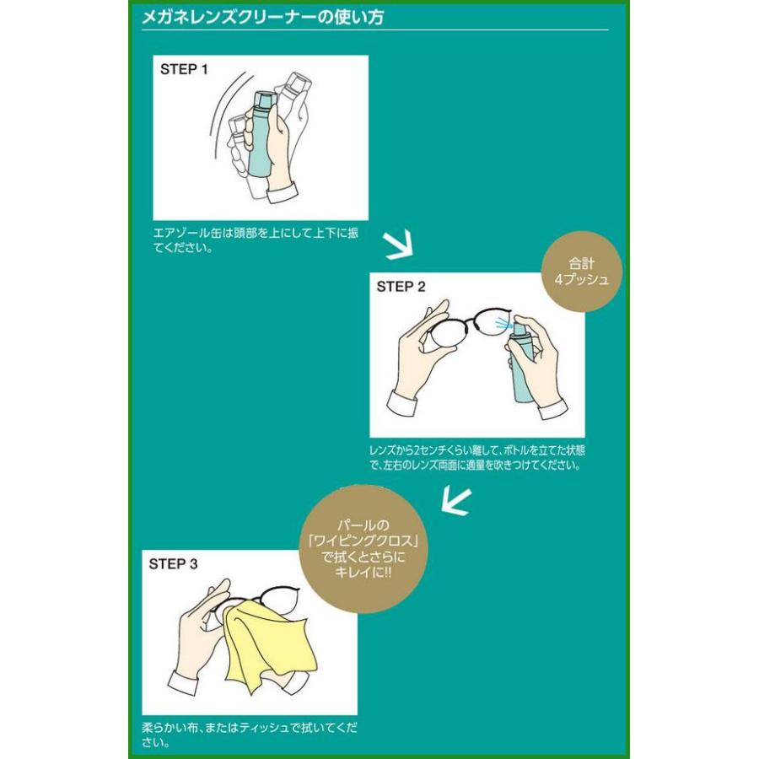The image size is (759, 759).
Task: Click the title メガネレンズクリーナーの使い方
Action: pyautogui.click(x=263, y=17)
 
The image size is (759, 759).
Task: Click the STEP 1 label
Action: pyautogui.click(x=184, y=70)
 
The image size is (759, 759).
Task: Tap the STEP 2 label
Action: pyautogui.click(x=401, y=287)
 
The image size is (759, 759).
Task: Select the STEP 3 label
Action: pyautogui.click(x=173, y=564)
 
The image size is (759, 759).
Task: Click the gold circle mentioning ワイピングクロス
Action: pyautogui.click(x=363, y=548)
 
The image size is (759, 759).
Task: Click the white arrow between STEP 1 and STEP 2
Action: pyautogui.click(x=398, y=245)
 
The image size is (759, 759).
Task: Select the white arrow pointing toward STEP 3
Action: pyautogui.click(x=456, y=502)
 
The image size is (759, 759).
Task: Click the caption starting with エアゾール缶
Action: pyautogui.click(x=256, y=240)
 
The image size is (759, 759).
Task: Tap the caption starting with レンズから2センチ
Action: pyautogui.click(x=477, y=458)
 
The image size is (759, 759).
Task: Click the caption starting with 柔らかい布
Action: pyautogui.click(x=250, y=735)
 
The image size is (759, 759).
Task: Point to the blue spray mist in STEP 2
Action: pyautogui.click(x=502, y=323)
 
